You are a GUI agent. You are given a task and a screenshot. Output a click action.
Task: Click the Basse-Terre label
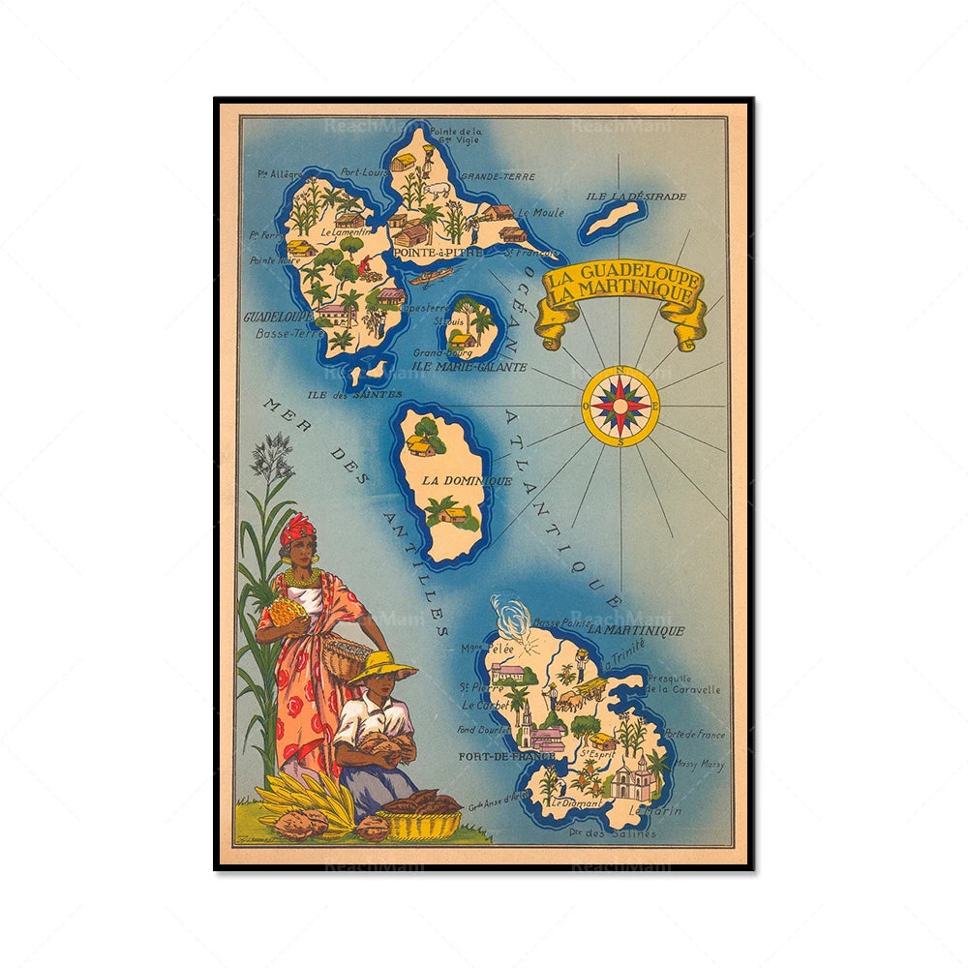(x=289, y=334)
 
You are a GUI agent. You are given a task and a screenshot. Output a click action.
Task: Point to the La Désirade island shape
(x=612, y=219)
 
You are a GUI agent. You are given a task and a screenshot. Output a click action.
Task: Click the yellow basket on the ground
(x=423, y=823)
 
